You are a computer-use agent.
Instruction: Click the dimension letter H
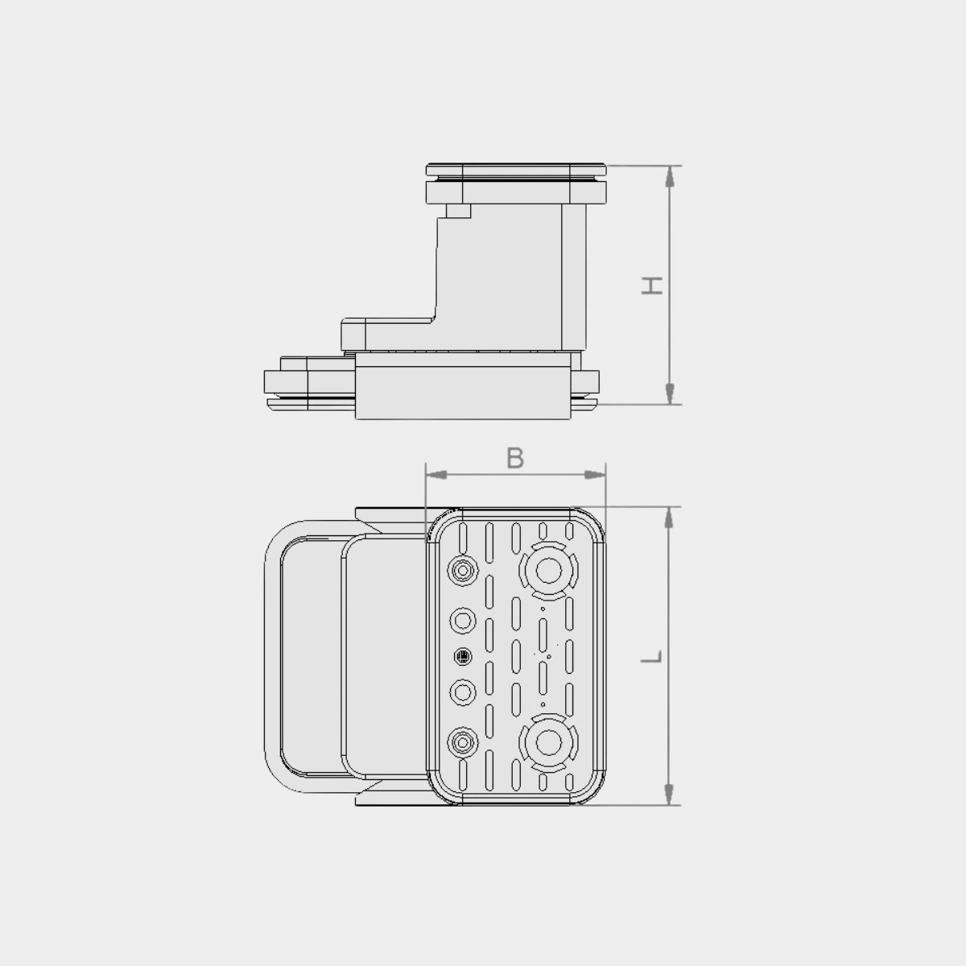coord(652,286)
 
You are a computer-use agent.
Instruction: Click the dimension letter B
coord(515,458)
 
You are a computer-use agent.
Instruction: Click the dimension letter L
coord(652,657)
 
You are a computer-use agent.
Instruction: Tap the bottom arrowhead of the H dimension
coord(669,394)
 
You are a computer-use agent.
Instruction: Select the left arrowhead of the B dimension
coord(436,475)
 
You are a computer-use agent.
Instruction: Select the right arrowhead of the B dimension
coord(595,475)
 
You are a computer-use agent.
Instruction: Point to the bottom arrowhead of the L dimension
coord(668,795)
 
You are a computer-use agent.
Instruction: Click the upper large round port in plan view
coord(548,571)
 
